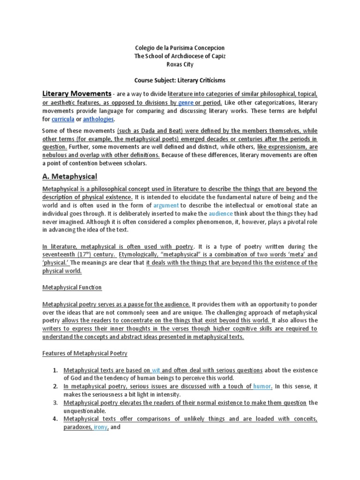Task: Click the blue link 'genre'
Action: point(186,102)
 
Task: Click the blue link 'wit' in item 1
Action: point(157,369)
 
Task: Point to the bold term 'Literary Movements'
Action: point(77,93)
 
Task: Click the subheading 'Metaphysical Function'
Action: point(72,287)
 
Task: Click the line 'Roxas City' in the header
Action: point(180,65)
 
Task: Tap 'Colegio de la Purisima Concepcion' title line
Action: point(180,48)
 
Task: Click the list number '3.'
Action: point(55,403)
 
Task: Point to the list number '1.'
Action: point(55,369)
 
